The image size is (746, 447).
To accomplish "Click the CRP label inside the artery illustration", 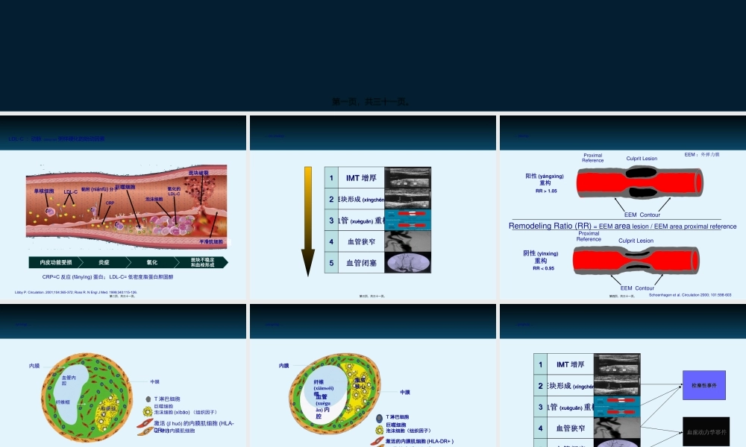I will click(109, 202).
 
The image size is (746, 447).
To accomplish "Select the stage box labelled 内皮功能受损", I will click(56, 262).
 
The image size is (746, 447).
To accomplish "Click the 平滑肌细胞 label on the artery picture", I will click(213, 241).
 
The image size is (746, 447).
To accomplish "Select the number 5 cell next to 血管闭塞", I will click(331, 263).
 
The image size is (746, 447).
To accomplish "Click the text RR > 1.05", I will click(546, 191).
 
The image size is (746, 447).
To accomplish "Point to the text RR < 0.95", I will click(544, 268).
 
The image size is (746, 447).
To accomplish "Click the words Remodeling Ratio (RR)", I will click(550, 226).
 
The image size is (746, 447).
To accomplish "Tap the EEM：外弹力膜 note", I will click(702, 154).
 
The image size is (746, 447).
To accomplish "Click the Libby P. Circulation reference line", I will click(75, 292).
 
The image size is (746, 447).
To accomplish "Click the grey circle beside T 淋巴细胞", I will click(148, 399).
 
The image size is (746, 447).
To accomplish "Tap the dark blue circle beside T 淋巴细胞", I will click(380, 417).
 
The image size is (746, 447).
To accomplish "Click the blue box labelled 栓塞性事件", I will click(703, 385).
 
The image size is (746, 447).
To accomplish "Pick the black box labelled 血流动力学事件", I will click(706, 431).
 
